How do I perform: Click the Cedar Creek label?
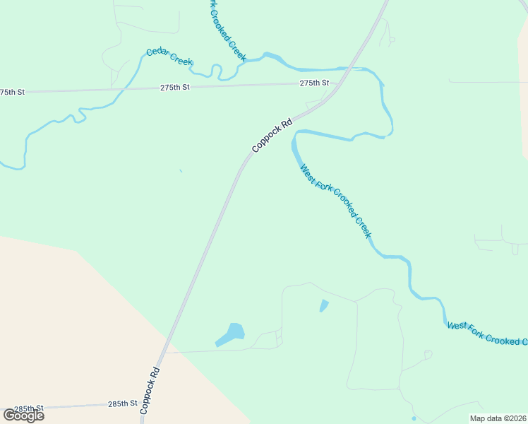pyautogui.click(x=169, y=57)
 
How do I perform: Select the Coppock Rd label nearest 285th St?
pyautogui.click(x=151, y=390)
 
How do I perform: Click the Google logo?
pyautogui.click(x=23, y=415)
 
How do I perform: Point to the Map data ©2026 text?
pyautogui.click(x=498, y=418)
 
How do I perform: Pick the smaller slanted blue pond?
pyautogui.click(x=324, y=306)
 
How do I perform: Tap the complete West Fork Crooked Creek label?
pyautogui.click(x=335, y=201)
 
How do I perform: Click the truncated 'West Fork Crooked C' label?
pyautogui.click(x=487, y=333)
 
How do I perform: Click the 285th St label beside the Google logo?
pyautogui.click(x=29, y=409)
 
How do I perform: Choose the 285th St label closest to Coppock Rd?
pyautogui.click(x=122, y=404)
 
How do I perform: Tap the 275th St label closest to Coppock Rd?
pyautogui.click(x=314, y=83)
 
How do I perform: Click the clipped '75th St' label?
pyautogui.click(x=12, y=92)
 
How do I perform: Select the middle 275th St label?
pyautogui.click(x=175, y=87)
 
